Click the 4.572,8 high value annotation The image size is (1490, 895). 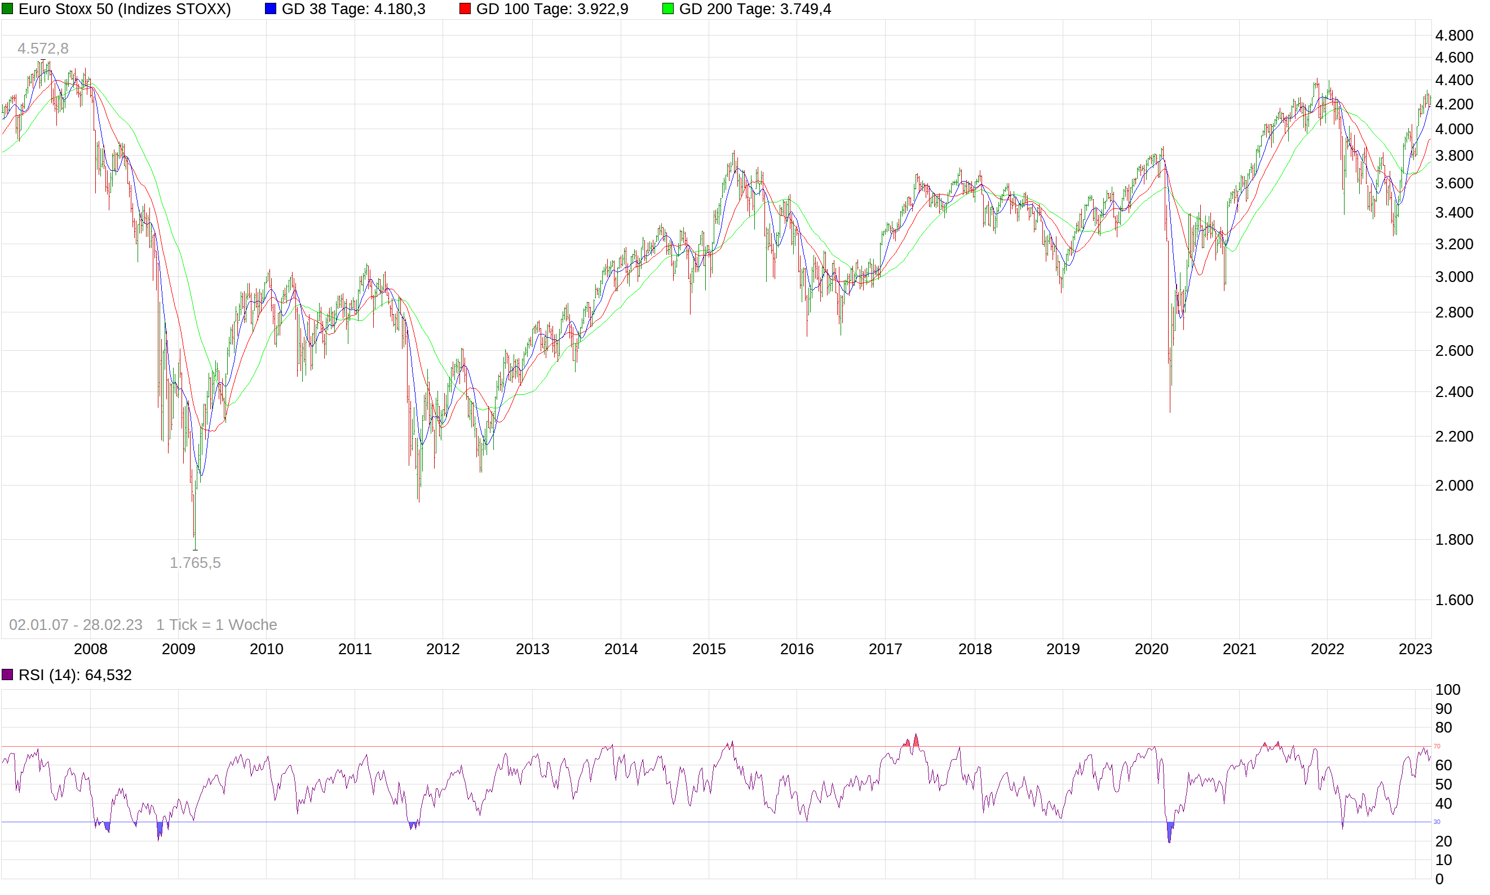43,49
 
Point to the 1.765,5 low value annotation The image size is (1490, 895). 194,563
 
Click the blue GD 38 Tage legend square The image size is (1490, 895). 271,9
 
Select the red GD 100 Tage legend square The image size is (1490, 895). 465,9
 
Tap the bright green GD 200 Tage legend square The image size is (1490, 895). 668,9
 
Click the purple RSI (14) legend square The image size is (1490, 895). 7,675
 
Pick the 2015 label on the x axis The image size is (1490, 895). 708,649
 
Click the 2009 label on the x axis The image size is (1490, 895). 178,649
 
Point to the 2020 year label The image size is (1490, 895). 1151,649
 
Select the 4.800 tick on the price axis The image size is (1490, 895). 1454,36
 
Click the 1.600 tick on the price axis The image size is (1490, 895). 1454,600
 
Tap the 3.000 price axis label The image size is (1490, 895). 1454,277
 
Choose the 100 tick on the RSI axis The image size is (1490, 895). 1447,689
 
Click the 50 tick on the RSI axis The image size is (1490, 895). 1444,784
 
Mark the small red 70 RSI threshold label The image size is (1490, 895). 1436,746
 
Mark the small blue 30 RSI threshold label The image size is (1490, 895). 1436,822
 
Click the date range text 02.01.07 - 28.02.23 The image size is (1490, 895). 76,625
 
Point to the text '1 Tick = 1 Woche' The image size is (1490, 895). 216,625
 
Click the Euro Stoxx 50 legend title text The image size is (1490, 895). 125,9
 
